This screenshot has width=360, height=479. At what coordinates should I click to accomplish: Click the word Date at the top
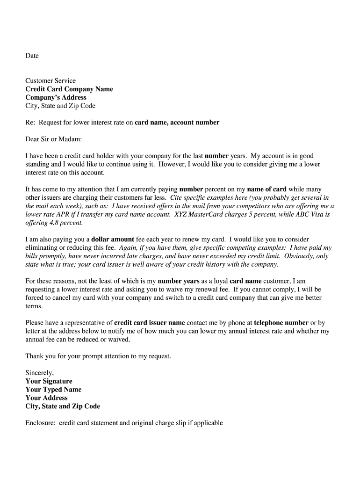coord(32,56)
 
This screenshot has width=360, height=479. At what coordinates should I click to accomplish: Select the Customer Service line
coord(50,80)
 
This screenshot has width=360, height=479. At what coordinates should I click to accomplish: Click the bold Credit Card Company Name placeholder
coord(69,89)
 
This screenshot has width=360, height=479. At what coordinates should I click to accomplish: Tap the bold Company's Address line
coord(56,97)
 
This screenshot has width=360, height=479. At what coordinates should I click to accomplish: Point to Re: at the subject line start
coord(30,123)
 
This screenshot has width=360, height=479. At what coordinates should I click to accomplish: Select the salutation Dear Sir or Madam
coord(53,139)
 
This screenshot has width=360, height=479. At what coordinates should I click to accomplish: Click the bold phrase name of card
coord(266,189)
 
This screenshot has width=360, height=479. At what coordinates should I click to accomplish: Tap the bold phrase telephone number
coord(281,323)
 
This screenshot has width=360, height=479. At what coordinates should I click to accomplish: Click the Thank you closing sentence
coord(98,356)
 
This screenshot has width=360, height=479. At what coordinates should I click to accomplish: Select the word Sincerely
coord(40,373)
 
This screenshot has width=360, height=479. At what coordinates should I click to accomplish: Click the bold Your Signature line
coord(49,381)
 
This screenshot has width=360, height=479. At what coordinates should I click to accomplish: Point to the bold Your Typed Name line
coord(53,390)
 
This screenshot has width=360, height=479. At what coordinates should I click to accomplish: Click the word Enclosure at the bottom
coord(40,423)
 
